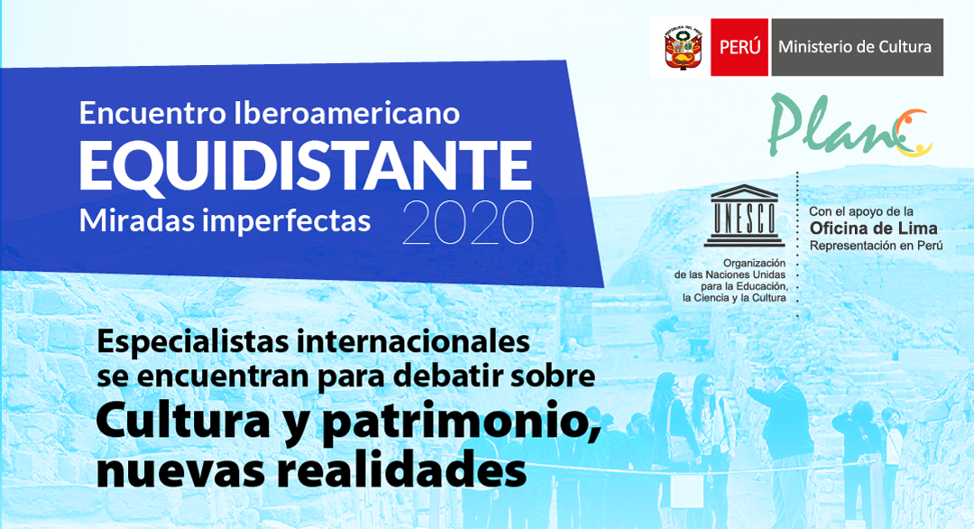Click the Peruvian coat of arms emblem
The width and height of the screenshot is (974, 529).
point(683,47)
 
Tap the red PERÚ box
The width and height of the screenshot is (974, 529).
point(740,47)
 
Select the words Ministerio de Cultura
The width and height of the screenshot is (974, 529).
point(855,47)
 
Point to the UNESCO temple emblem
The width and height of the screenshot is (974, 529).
point(744,216)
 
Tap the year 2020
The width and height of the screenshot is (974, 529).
point(468,223)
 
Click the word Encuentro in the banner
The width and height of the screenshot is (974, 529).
point(152,113)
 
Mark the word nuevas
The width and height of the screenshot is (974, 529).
point(180,470)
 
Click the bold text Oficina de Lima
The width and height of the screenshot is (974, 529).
point(873,228)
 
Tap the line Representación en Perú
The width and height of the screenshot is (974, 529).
point(876,246)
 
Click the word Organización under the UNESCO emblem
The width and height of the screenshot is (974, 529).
point(754,264)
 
